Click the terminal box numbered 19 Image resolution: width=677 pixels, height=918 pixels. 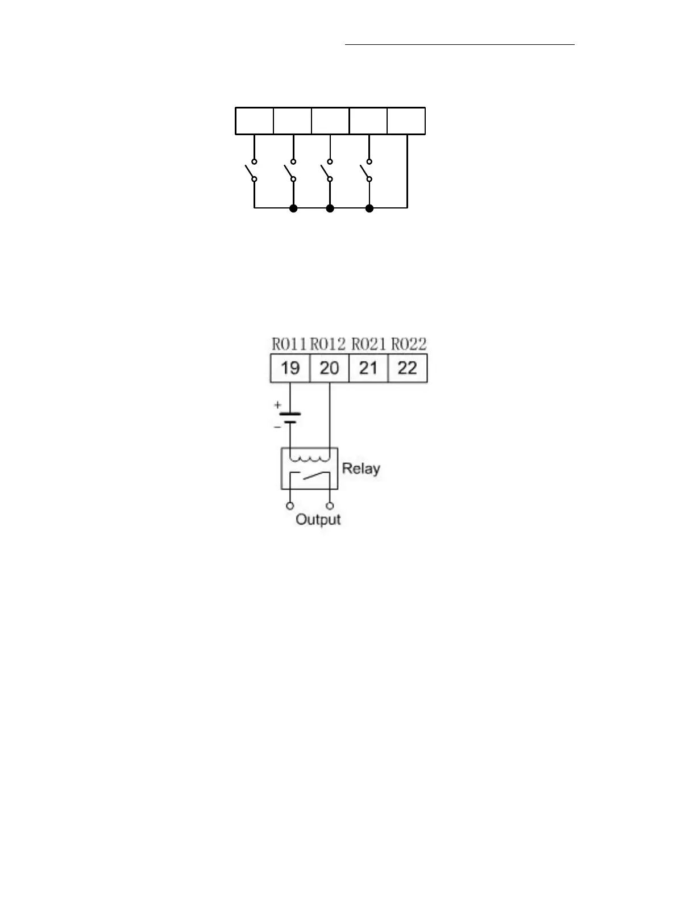click(290, 368)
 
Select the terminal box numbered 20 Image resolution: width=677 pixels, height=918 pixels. click(329, 368)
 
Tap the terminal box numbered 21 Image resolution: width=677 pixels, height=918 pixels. click(368, 368)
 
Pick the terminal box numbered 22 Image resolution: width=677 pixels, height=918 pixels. click(408, 368)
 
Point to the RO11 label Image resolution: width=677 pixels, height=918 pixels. click(289, 344)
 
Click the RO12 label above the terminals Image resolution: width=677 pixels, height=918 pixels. click(328, 344)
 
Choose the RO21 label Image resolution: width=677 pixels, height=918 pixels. click(369, 344)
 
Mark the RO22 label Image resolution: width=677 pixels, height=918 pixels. click(409, 344)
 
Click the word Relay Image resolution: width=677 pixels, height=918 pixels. click(361, 469)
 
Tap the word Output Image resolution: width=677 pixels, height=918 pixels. click(318, 520)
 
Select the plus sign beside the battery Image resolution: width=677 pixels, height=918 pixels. click(277, 405)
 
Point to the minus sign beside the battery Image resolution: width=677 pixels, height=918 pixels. click(277, 427)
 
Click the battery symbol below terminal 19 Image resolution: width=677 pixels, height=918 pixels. click(290, 418)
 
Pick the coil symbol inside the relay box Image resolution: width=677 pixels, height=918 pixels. click(310, 458)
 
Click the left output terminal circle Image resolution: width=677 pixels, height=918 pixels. click(290, 506)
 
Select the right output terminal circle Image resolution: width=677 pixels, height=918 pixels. click(330, 506)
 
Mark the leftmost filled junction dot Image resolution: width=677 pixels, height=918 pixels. click(293, 208)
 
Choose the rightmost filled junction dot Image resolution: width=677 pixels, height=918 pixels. click(369, 208)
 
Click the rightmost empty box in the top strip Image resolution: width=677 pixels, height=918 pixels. click(406, 121)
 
